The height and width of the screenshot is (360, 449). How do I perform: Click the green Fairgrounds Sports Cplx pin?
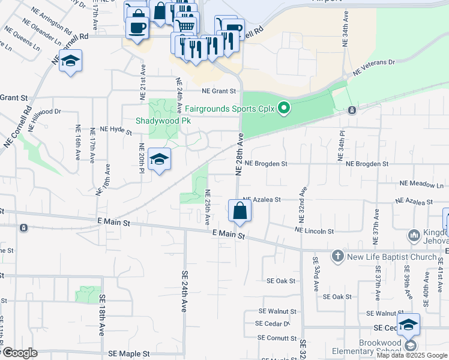pyautogui.click(x=285, y=109)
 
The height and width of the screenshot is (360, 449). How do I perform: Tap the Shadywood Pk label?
pyautogui.click(x=163, y=121)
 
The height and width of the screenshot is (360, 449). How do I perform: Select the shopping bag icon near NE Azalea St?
pyautogui.click(x=240, y=211)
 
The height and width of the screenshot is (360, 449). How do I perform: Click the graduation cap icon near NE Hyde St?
pyautogui.click(x=159, y=160)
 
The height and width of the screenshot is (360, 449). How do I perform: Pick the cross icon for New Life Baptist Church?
pyautogui.click(x=337, y=256)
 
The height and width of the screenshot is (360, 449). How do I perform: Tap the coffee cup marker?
pyautogui.click(x=137, y=27)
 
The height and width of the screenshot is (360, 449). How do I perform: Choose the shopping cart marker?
pyautogui.click(x=185, y=25)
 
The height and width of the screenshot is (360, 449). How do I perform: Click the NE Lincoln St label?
pyautogui.click(x=314, y=230)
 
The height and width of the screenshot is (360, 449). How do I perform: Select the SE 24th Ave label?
pyautogui.click(x=185, y=290)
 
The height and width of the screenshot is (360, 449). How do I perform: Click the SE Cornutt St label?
pyautogui.click(x=278, y=338)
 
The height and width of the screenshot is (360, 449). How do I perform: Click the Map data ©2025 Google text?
pyautogui.click(x=412, y=355)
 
